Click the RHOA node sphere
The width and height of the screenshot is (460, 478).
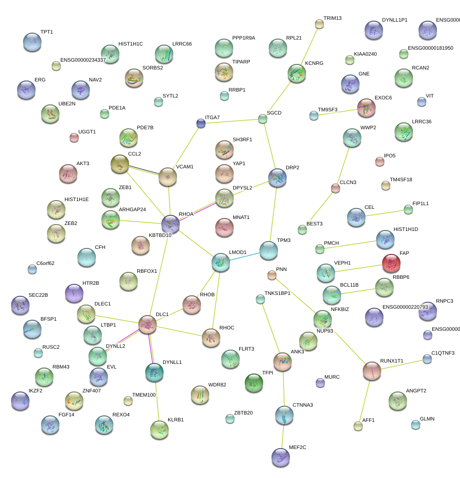(x=171, y=224)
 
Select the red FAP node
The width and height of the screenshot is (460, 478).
(x=391, y=263)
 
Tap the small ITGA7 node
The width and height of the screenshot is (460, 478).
(x=201, y=123)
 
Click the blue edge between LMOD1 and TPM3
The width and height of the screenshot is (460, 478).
(x=244, y=256)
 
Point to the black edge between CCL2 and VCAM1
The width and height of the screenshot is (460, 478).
(x=143, y=169)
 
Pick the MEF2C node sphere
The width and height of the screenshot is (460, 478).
(x=281, y=457)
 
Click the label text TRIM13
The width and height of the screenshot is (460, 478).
(x=332, y=18)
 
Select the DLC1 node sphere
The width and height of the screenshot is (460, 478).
(x=147, y=324)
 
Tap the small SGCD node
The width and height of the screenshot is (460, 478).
(x=263, y=119)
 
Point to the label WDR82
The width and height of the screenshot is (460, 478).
(x=217, y=385)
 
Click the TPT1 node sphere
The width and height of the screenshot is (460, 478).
(x=32, y=42)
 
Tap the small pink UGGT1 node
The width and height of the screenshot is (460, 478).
(x=74, y=137)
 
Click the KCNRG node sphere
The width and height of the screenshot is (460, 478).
(x=297, y=73)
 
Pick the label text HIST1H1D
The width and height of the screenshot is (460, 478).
(x=406, y=229)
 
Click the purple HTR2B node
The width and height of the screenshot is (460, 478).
(x=74, y=293)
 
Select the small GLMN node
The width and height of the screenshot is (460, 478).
(x=416, y=425)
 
